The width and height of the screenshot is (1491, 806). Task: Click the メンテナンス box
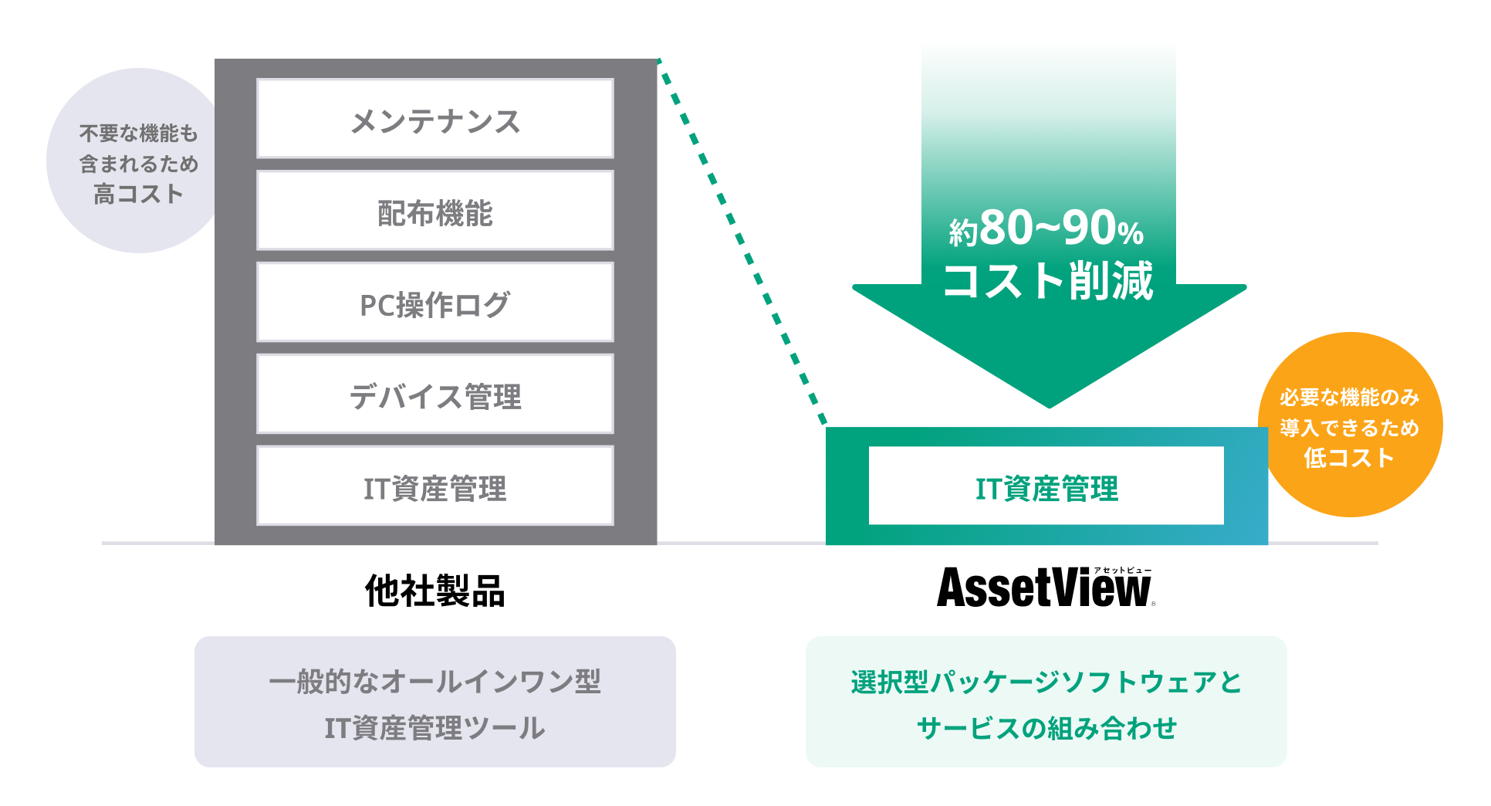[434, 119]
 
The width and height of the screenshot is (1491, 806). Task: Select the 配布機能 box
[434, 211]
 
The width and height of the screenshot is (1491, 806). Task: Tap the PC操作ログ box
[434, 303]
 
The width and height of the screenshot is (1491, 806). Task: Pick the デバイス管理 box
[434, 395]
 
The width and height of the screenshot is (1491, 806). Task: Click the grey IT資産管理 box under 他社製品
[434, 486]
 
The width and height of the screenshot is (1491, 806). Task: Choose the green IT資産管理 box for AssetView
[1046, 486]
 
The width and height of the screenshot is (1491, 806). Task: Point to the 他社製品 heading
[434, 591]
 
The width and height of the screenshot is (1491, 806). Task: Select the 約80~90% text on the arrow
[1046, 229]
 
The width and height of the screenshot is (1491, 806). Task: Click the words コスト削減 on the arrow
[1047, 280]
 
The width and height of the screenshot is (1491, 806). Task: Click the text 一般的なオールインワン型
[434, 682]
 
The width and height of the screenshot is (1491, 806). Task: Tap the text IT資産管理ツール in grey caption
[434, 728]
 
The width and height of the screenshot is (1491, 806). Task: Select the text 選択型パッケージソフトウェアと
[1046, 682]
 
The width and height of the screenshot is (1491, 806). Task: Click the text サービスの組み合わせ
[1046, 728]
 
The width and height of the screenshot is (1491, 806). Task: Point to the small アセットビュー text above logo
[1122, 571]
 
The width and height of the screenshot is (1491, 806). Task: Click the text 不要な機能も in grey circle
[139, 134]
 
